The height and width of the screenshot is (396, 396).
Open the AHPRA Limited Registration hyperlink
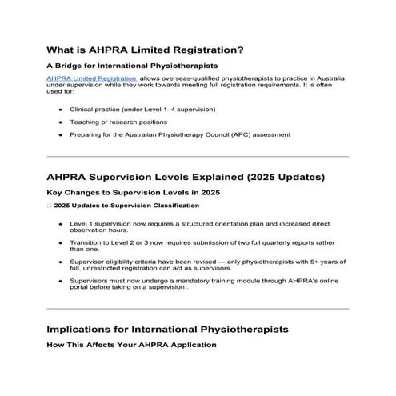coord(91,80)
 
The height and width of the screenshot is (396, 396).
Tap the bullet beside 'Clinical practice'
coord(61,109)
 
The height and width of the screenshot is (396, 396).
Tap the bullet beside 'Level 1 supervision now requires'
coord(61,224)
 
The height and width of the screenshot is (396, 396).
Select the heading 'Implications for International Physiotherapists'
coord(167,330)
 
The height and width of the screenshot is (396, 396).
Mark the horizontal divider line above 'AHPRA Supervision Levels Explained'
coord(198,156)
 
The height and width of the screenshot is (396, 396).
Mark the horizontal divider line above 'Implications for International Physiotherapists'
coord(198,309)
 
